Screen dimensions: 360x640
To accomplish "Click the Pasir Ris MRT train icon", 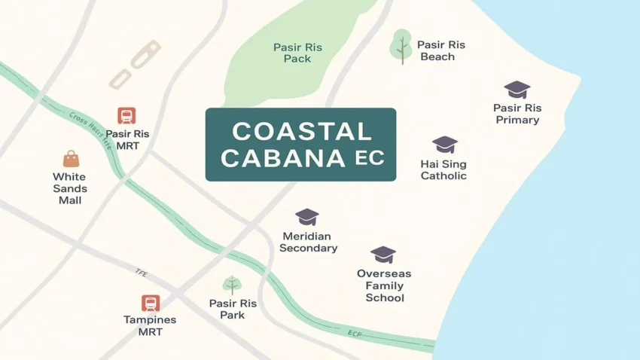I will point(126,115).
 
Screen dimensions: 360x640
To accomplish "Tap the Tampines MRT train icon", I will point(150,303).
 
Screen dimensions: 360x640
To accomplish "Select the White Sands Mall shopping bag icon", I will point(71,158).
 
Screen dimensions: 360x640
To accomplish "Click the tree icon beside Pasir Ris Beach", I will point(401,46).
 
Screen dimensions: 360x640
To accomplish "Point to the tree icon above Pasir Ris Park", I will point(232,285).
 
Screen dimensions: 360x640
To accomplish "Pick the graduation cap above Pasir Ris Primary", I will point(517,90).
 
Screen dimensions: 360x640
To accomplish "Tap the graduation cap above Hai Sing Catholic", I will point(444,145).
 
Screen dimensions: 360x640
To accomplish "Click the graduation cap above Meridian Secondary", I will point(307,217).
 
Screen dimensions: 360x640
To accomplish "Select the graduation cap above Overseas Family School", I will point(383,255).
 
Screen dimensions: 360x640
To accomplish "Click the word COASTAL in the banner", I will point(301,132).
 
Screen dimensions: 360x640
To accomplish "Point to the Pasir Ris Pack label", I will point(297,53).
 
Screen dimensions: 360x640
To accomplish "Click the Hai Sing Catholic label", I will point(443,170).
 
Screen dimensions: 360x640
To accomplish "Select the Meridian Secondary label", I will point(308,243).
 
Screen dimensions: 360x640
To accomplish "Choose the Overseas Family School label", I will point(384,285).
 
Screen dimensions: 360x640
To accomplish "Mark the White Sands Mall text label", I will point(69,188).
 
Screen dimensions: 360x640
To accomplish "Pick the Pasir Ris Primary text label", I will point(517,114).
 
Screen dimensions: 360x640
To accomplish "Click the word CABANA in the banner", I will point(285,159).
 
